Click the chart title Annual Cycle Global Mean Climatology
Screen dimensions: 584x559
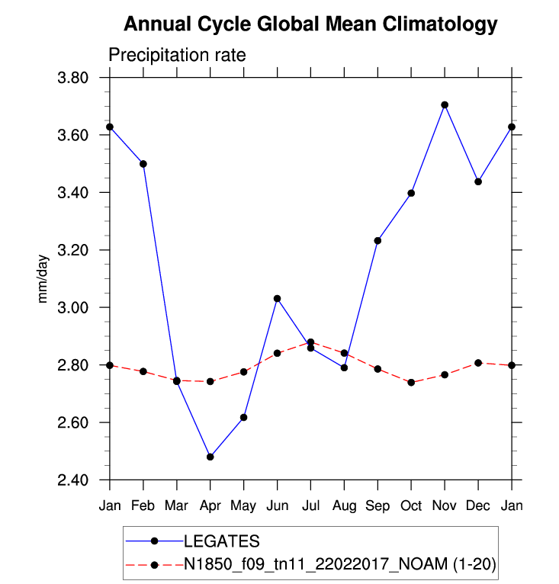(x=310, y=24)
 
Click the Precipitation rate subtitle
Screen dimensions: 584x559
(x=176, y=56)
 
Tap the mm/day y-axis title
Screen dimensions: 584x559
(x=43, y=279)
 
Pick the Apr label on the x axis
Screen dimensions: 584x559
(x=210, y=506)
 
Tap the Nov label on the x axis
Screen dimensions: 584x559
(x=445, y=506)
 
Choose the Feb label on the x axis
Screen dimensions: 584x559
(x=143, y=506)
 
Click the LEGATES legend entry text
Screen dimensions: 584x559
(x=222, y=541)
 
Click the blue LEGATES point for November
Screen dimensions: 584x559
(x=445, y=104)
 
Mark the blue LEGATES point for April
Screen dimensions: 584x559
(x=210, y=457)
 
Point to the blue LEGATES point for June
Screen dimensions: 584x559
(x=278, y=298)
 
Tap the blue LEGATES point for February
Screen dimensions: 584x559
(x=143, y=164)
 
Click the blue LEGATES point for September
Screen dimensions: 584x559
(x=377, y=241)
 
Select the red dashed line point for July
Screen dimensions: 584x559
(x=310, y=342)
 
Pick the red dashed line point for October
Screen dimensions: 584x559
(x=411, y=382)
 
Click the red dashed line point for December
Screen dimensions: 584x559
(x=478, y=363)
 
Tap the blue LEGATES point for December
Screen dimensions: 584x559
(x=478, y=181)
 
